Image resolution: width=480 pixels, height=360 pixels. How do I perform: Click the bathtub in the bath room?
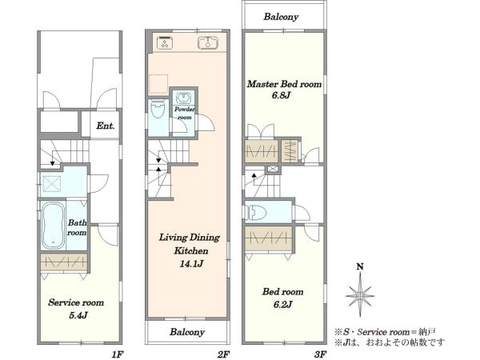pos(53,226)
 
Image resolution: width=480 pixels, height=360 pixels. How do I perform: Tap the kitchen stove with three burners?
pos(165,42)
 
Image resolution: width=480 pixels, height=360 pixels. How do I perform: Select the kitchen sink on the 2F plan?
pos(207,42)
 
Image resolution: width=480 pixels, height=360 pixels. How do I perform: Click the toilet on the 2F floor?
pos(157,110)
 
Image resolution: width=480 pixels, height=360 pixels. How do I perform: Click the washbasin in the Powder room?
pos(184,98)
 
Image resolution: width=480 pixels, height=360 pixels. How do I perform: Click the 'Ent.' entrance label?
pos(106,126)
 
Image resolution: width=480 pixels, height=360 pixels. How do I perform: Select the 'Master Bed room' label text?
pos(284,84)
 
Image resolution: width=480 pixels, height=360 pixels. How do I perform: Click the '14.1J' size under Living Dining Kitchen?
pos(191,264)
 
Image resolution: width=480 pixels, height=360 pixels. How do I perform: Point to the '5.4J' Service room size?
pos(78,315)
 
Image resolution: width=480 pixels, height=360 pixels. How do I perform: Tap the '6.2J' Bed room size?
pos(282,305)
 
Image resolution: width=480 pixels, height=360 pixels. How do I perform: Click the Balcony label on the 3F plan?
pos(281,17)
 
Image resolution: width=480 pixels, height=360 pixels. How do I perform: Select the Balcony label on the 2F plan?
pos(187,332)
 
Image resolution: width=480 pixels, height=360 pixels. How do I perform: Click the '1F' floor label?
pos(118,354)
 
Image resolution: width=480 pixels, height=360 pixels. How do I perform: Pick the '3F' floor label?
pos(320,354)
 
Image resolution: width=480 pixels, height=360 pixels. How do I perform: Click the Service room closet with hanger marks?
pos(64,262)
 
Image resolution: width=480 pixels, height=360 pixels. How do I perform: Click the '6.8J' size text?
pos(281,95)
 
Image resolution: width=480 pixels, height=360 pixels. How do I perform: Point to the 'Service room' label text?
pos(76,302)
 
